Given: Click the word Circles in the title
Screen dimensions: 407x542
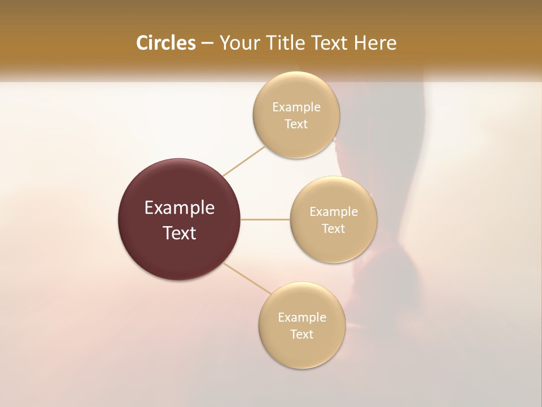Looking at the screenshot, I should [x=165, y=43].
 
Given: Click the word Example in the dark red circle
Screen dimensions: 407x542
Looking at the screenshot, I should [x=180, y=208].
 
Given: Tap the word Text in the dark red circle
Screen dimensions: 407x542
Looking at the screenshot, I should [x=180, y=233].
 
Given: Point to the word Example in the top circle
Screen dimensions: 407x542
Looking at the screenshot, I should [x=296, y=107].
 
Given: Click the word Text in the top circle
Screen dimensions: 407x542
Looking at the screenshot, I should [x=296, y=124].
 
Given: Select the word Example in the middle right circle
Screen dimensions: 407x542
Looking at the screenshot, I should [x=334, y=211].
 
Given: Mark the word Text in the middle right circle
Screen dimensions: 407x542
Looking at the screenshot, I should [x=333, y=228].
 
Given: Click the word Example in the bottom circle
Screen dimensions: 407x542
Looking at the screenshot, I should [x=302, y=317].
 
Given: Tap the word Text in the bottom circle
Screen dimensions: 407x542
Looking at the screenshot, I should [x=301, y=334].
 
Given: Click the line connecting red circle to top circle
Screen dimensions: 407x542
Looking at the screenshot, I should [x=244, y=161].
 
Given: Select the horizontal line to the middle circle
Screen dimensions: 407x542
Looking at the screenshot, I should [x=265, y=219].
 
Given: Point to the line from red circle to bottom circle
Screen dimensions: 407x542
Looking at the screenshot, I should [x=247, y=278].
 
